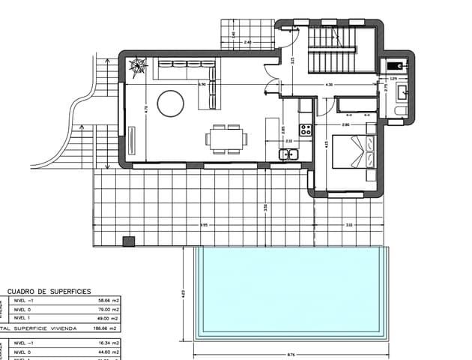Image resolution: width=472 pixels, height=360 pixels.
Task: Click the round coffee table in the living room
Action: (169, 103)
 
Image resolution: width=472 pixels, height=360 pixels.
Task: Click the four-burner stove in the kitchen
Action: (306, 129)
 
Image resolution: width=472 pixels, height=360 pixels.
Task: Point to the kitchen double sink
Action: (289, 154)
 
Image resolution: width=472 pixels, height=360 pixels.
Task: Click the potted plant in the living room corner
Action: (139, 67)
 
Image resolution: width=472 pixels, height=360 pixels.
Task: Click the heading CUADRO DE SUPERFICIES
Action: (49, 290)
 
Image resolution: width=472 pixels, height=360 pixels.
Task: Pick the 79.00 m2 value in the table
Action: (109, 309)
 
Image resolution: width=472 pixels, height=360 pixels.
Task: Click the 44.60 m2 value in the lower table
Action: (109, 351)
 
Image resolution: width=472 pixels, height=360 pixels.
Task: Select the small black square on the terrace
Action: (129, 241)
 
